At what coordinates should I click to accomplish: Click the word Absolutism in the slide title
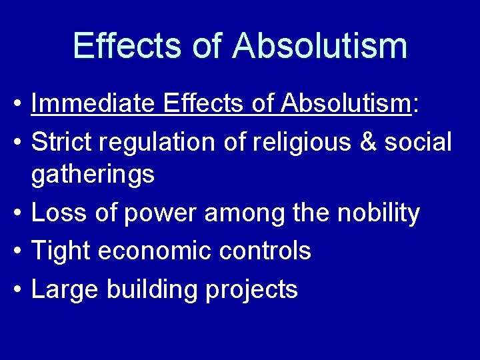click(x=321, y=45)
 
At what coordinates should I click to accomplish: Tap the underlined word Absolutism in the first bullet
click(x=344, y=104)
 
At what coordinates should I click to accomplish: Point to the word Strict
click(x=62, y=141)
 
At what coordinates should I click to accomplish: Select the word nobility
click(x=378, y=213)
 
